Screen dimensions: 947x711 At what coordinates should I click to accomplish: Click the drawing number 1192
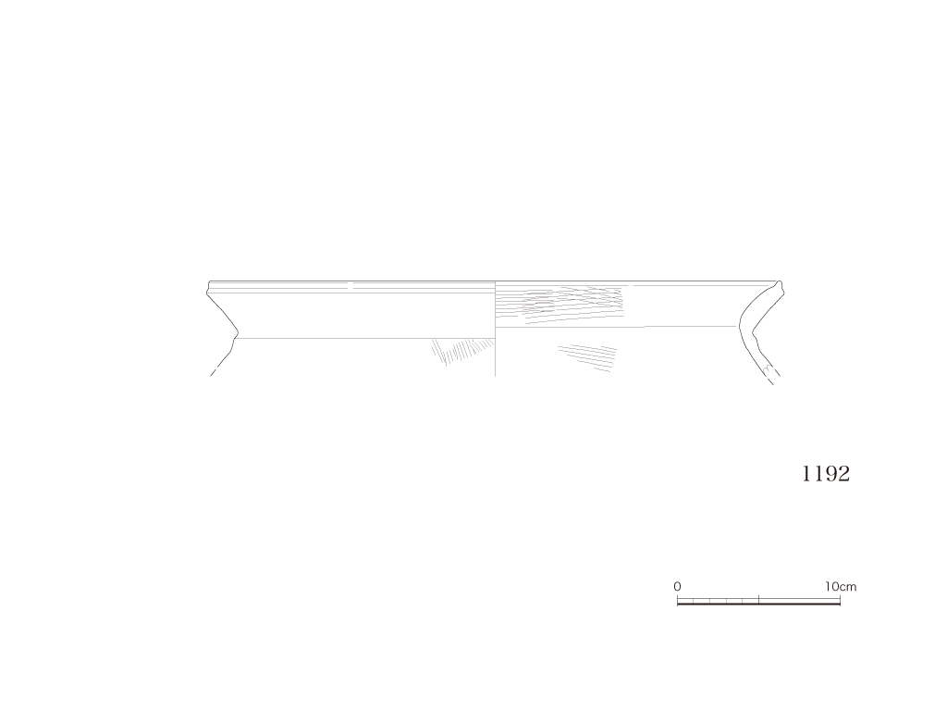click(x=826, y=473)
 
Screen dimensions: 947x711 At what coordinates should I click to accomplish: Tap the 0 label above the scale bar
click(x=677, y=586)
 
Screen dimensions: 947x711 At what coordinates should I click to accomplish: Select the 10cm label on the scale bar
click(x=841, y=586)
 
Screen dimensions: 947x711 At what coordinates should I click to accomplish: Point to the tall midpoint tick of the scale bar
click(x=758, y=600)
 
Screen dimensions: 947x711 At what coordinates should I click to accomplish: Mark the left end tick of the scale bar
click(x=678, y=600)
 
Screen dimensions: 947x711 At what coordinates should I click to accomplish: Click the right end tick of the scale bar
click(x=840, y=600)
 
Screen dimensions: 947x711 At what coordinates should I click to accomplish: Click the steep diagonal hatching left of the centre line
click(x=462, y=352)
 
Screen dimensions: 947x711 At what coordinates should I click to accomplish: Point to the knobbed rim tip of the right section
click(x=780, y=286)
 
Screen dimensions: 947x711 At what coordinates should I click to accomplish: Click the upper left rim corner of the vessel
click(x=210, y=281)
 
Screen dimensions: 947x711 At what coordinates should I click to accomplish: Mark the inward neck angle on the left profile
click(x=238, y=332)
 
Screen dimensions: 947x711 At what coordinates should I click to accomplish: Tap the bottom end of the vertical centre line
click(x=496, y=376)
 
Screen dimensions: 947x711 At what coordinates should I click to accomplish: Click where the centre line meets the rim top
click(x=496, y=281)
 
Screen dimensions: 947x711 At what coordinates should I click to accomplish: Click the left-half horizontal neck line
click(x=364, y=339)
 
